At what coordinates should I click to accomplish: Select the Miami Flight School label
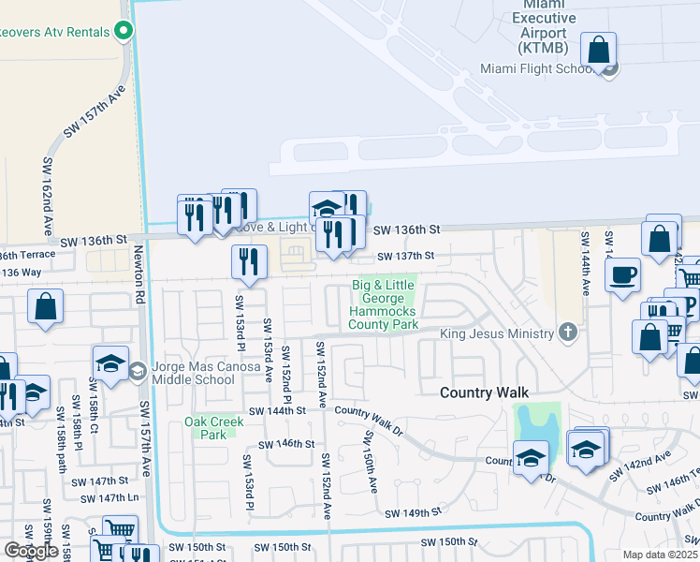537,68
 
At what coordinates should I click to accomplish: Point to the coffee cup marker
622,275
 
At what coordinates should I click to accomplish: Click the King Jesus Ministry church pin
566,332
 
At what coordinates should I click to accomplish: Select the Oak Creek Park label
214,428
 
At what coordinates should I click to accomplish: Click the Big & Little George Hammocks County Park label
384,304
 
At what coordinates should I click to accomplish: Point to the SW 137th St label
406,256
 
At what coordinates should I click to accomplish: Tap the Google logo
31,551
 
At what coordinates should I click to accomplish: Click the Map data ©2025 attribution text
660,555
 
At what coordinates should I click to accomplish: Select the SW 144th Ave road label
586,264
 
